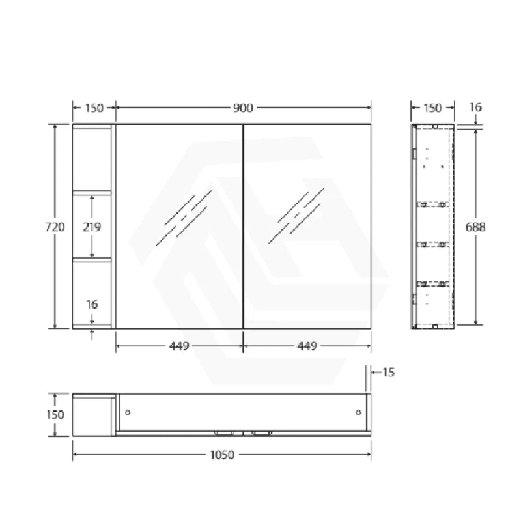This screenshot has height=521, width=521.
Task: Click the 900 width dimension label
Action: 244,108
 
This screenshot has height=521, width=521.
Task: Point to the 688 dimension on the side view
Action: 476,227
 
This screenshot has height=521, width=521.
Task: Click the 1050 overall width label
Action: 222,455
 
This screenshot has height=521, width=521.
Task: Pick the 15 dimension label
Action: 388,373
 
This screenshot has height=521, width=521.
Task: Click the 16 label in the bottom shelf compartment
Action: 92,305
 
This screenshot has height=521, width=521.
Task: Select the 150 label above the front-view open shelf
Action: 94,108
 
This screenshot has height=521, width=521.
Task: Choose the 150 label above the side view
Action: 432,108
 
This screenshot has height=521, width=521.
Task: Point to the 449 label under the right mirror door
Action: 307,346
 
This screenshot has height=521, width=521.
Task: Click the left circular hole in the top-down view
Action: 128,412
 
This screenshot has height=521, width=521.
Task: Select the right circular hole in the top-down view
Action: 359,412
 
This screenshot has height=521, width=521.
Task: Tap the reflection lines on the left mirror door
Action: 185,218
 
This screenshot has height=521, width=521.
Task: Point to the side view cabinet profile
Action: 432,227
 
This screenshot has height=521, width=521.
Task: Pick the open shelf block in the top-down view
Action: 94,414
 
